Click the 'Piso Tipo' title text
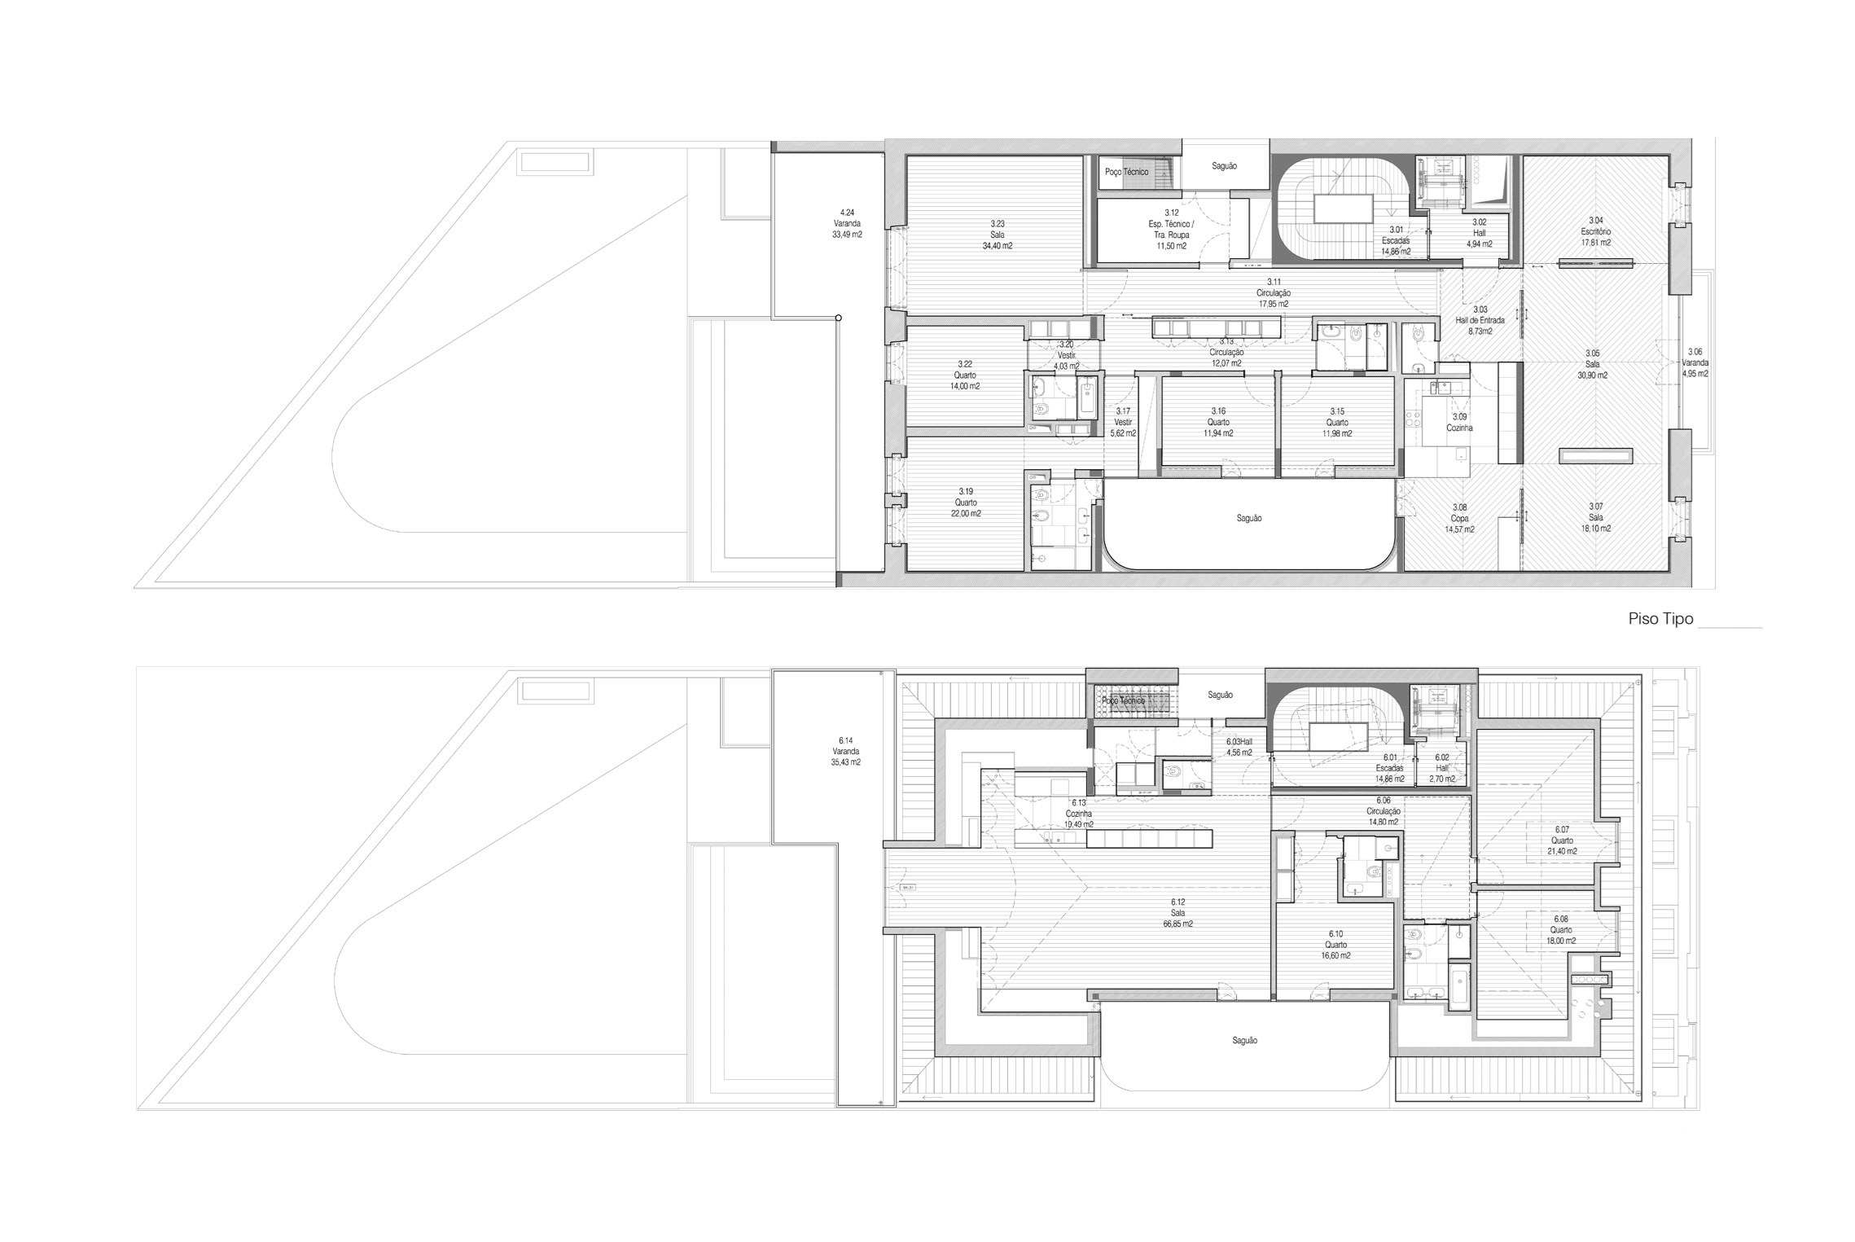1660,619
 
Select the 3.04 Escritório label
1595,231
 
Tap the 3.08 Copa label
1459,518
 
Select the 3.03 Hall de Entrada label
1480,321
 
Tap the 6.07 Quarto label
1562,840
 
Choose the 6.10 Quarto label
1335,945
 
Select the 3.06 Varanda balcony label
1695,362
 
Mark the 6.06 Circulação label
1383,811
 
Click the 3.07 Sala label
1595,517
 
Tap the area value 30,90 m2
1592,375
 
